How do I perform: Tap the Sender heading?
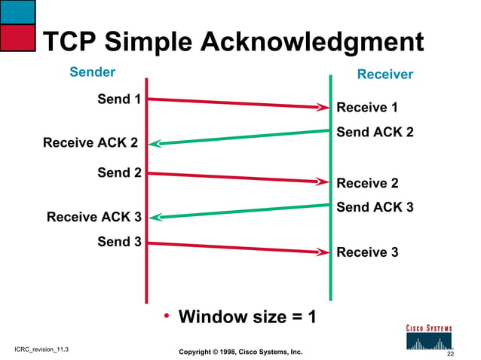click(x=92, y=72)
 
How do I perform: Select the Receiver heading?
click(x=384, y=75)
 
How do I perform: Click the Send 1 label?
click(x=119, y=99)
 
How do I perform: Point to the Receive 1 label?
click(x=367, y=108)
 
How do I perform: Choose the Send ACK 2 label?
click(x=375, y=133)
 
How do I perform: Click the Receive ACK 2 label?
click(x=90, y=142)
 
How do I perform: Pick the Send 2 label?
click(x=119, y=172)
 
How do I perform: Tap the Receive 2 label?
click(x=367, y=183)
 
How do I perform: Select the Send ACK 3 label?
click(x=375, y=207)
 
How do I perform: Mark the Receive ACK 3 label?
click(x=93, y=218)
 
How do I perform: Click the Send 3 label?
click(x=119, y=242)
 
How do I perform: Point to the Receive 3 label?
click(x=367, y=252)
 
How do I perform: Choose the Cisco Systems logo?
click(x=430, y=338)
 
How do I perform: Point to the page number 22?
click(x=450, y=353)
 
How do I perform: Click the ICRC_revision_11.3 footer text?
click(x=41, y=351)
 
